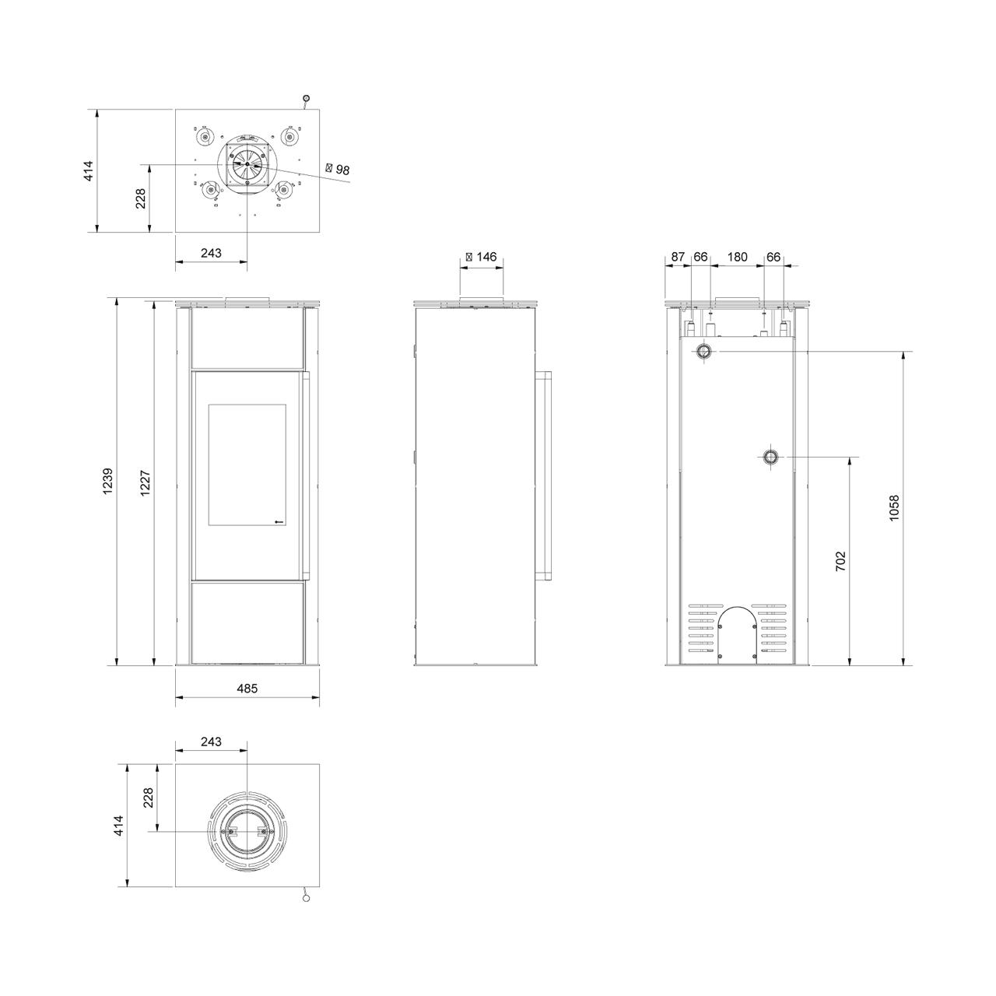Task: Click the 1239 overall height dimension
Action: click(x=107, y=482)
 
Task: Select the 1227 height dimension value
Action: click(x=146, y=483)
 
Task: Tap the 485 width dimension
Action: click(x=247, y=689)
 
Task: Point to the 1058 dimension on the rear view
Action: click(x=894, y=508)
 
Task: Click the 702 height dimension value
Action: click(x=841, y=561)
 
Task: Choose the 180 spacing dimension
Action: click(x=737, y=257)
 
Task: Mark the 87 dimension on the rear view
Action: click(x=678, y=257)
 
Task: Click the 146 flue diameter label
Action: click(x=481, y=257)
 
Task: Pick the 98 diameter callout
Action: click(x=338, y=169)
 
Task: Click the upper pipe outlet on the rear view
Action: click(x=703, y=352)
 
